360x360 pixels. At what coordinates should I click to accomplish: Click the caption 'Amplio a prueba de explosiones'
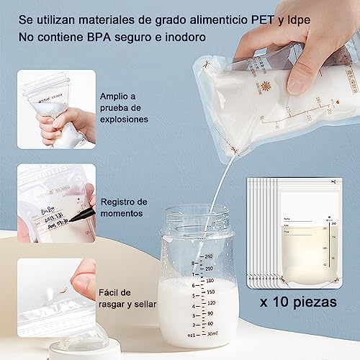tap(125, 108)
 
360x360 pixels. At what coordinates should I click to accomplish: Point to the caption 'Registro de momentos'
tap(124, 207)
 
